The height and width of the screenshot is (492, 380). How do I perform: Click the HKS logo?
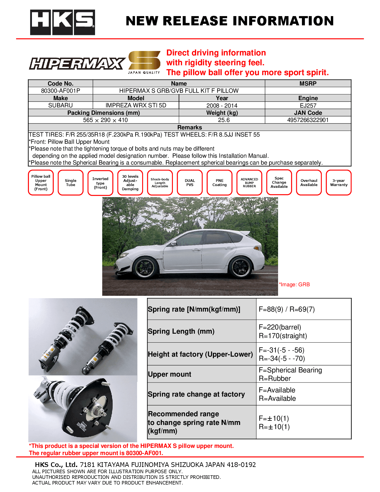62,22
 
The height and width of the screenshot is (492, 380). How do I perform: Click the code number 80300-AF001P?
61,91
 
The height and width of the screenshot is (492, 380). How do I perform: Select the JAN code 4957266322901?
308,120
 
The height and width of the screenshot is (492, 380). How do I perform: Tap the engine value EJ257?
308,106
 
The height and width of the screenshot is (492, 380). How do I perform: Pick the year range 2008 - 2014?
222,106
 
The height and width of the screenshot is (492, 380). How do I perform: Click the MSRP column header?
308,83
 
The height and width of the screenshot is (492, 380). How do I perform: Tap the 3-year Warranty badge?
339,183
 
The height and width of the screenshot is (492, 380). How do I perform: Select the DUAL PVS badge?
190,183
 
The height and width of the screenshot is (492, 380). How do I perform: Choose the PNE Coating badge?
219,183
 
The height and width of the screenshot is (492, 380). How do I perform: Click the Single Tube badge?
71,183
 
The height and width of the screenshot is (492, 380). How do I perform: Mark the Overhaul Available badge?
309,183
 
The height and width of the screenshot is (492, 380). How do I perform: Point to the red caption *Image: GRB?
294,284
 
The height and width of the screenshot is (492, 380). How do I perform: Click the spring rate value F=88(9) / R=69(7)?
286,309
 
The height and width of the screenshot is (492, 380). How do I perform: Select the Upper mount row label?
170,374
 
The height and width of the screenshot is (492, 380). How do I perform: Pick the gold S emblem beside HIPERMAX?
144,61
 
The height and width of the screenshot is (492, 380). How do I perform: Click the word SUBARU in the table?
61,105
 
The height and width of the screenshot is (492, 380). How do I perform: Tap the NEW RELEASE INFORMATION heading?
229,21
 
